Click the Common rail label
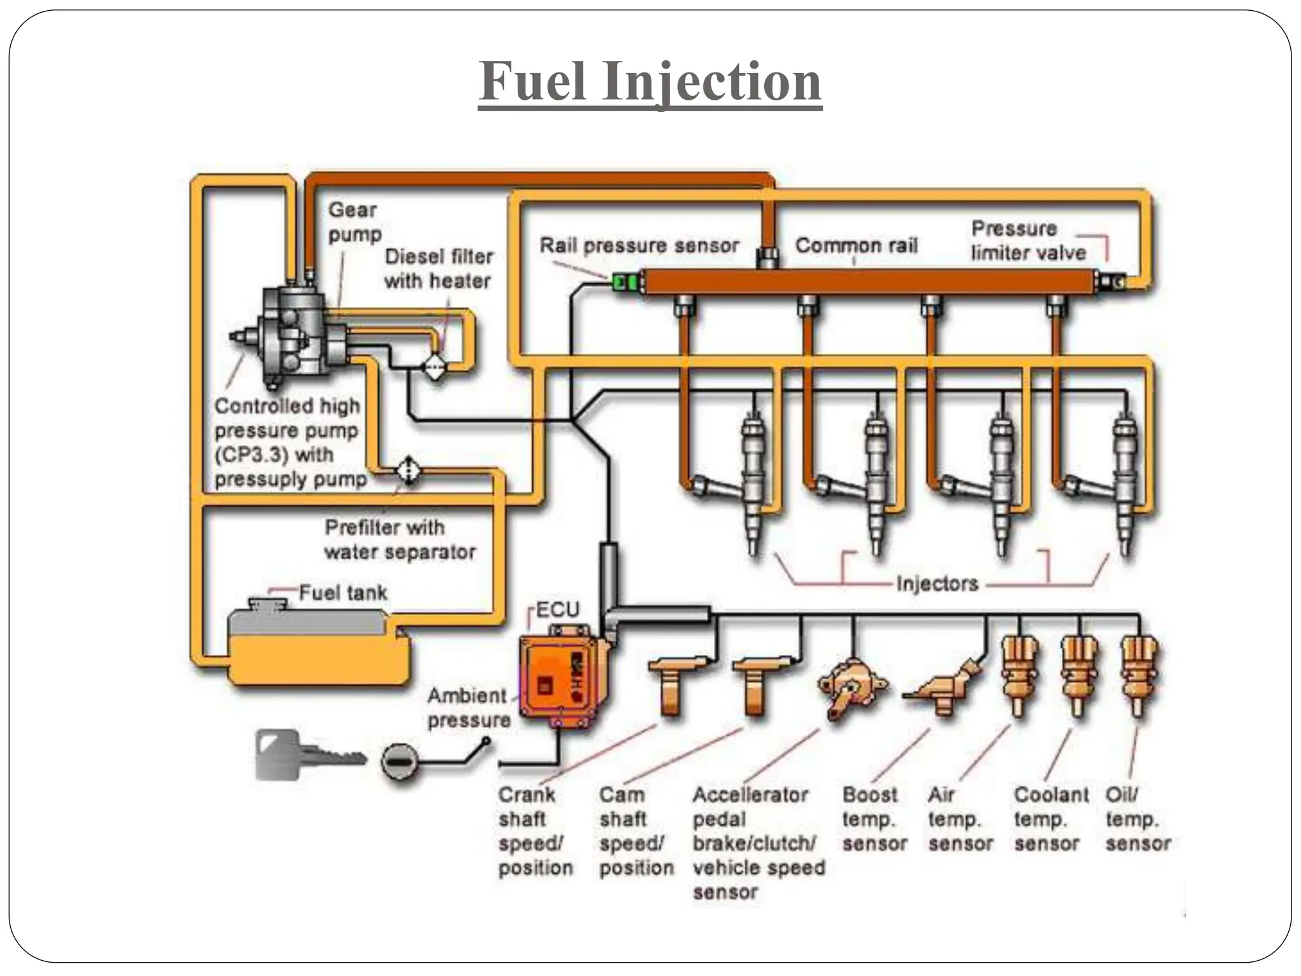tap(856, 245)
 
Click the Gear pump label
tap(354, 221)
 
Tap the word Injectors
tap(937, 583)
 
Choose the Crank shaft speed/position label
tap(534, 830)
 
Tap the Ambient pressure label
tap(468, 708)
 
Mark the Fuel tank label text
tap(342, 593)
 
